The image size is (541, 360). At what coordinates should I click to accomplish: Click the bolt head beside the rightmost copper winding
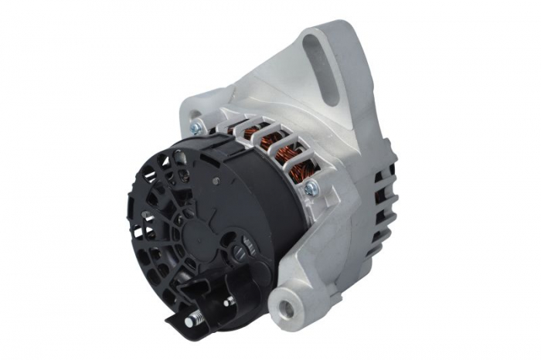pos(311,188)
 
